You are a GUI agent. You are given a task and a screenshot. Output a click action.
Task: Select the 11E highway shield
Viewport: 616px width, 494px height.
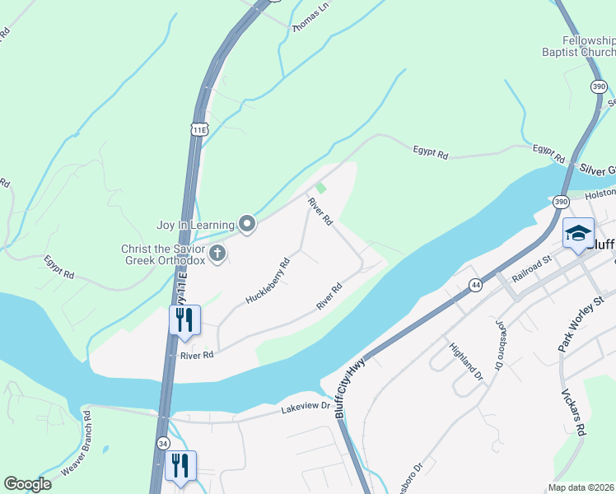[x=198, y=128]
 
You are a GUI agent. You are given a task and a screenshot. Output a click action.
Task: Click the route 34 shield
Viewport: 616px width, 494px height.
[x=163, y=443]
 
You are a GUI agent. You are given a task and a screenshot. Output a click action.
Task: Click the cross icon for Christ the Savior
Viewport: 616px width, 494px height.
[x=217, y=254]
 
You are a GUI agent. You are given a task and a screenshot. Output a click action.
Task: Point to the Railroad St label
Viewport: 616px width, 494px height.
[x=530, y=269]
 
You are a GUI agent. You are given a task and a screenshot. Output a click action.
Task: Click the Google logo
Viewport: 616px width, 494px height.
[x=27, y=484]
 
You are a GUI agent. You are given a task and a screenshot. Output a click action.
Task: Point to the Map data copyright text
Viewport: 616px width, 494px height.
[x=581, y=487]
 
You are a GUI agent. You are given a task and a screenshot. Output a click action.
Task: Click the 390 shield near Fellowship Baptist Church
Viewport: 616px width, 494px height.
[x=600, y=86]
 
